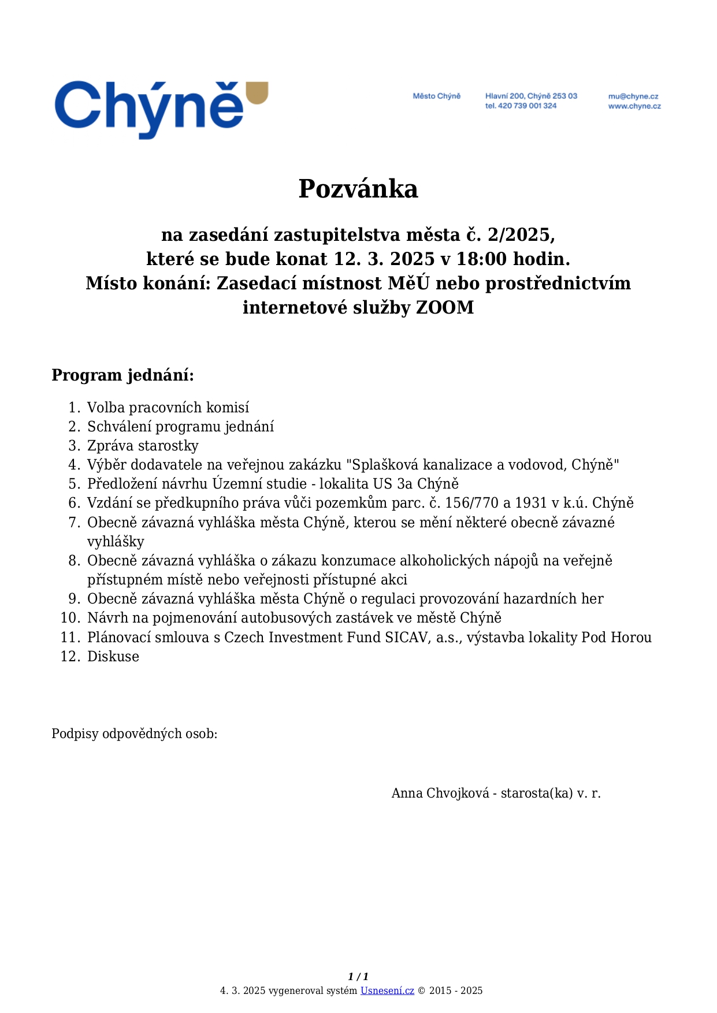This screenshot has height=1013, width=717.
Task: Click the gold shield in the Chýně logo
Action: (x=257, y=93)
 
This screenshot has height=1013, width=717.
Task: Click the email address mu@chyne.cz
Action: (x=633, y=96)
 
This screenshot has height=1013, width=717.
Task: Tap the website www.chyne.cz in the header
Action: (x=634, y=106)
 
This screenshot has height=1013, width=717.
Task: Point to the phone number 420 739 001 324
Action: (x=527, y=106)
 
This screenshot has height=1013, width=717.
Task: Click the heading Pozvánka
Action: (x=358, y=189)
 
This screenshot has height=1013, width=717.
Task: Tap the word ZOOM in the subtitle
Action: (x=445, y=307)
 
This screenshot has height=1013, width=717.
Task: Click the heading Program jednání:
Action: (x=122, y=375)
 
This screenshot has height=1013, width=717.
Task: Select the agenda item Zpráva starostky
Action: (x=143, y=446)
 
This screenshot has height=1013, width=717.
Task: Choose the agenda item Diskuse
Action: (x=113, y=657)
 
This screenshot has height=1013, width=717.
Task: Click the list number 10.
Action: (x=70, y=618)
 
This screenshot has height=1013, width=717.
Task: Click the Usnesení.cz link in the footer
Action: (x=387, y=991)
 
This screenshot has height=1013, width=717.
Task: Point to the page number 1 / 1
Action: (x=358, y=977)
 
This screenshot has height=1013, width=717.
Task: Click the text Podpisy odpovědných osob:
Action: (x=134, y=734)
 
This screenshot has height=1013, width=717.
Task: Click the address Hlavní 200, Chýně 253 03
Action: (x=531, y=96)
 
